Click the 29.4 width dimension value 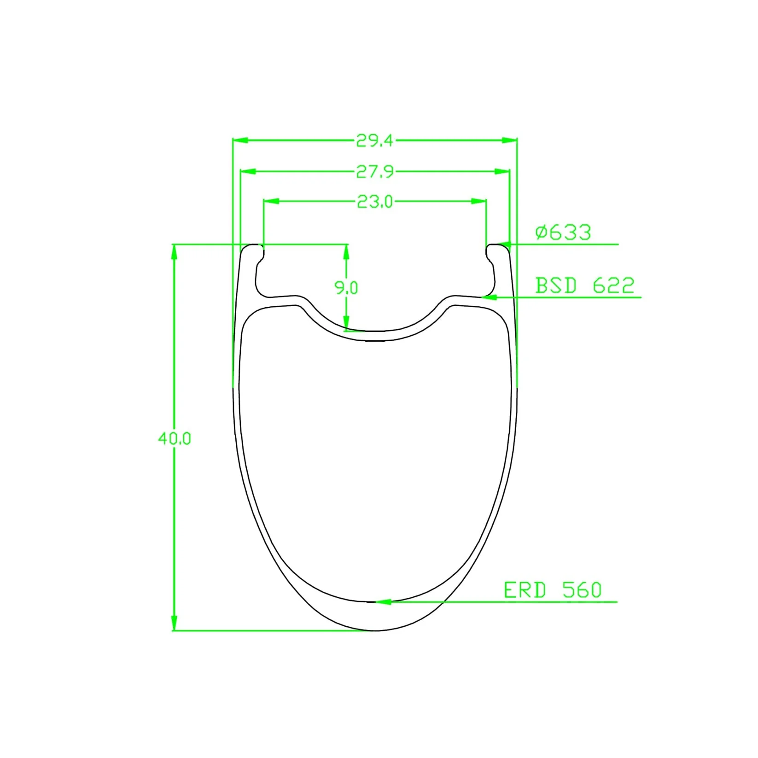(x=374, y=140)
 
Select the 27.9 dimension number (x=375, y=172)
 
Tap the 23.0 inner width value (x=375, y=202)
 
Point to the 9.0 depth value (x=346, y=288)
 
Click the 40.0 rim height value (x=174, y=438)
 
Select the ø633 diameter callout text (x=563, y=232)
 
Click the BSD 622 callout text (x=584, y=286)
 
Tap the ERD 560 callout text (x=553, y=590)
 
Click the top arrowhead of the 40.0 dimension (x=174, y=252)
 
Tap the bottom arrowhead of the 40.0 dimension (x=174, y=623)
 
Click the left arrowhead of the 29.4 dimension (x=241, y=140)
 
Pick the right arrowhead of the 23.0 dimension (x=479, y=201)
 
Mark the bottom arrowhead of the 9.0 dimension (x=346, y=322)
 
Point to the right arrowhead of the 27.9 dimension (x=502, y=171)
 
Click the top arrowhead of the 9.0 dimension (x=346, y=252)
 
